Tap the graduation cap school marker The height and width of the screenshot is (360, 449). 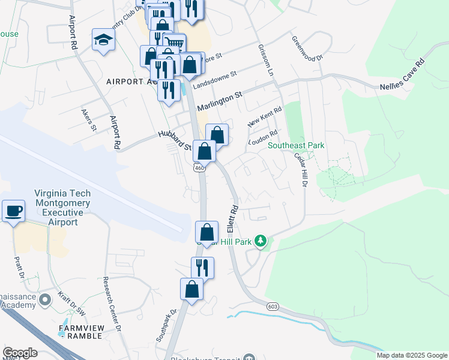[103, 40]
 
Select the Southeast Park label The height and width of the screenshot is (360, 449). [296, 145]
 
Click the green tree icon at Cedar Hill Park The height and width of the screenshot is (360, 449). [260, 241]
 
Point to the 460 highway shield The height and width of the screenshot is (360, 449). [200, 168]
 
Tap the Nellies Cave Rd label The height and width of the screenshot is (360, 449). [402, 74]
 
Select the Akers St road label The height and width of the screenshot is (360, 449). [89, 119]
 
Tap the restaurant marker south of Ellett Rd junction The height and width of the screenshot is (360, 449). [203, 268]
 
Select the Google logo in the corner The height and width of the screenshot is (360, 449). [19, 353]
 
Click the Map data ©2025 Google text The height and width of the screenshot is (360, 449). [412, 355]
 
